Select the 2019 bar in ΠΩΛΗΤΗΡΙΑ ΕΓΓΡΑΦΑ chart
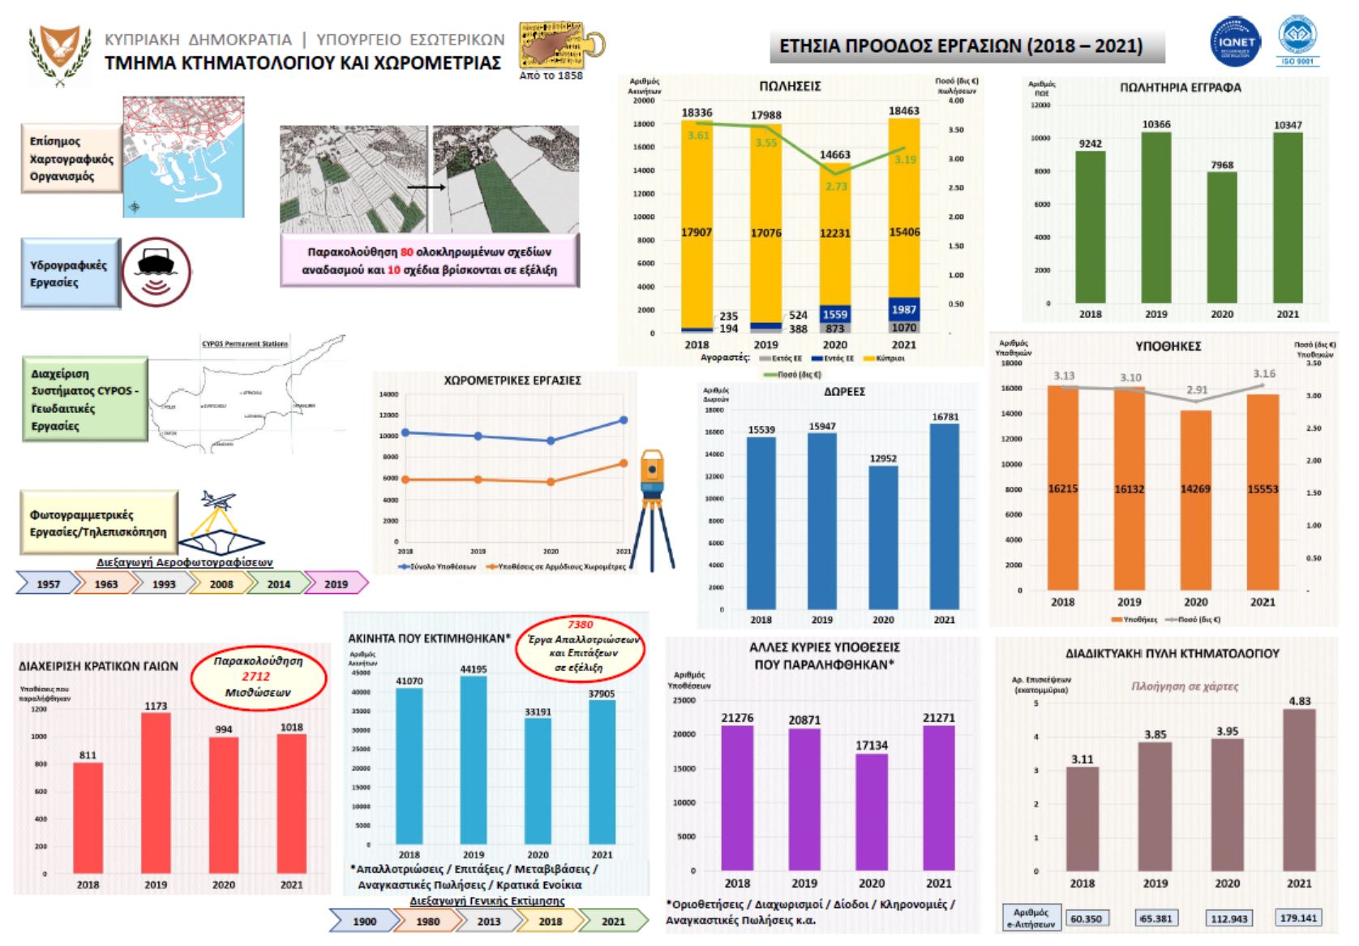(1156, 217)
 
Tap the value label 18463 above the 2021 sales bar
(904, 110)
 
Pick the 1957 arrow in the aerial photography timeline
(48, 583)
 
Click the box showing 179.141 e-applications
(1298, 918)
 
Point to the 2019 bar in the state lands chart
(156, 793)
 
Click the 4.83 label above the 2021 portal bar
(1299, 701)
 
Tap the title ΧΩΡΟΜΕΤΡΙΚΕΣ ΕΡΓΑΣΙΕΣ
(512, 380)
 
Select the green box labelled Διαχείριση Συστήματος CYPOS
(84, 400)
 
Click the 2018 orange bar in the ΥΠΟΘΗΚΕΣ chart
(1063, 488)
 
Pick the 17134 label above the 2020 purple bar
(872, 745)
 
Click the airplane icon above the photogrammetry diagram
(217, 500)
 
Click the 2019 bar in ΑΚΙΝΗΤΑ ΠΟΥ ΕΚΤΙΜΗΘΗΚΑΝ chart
(474, 759)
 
